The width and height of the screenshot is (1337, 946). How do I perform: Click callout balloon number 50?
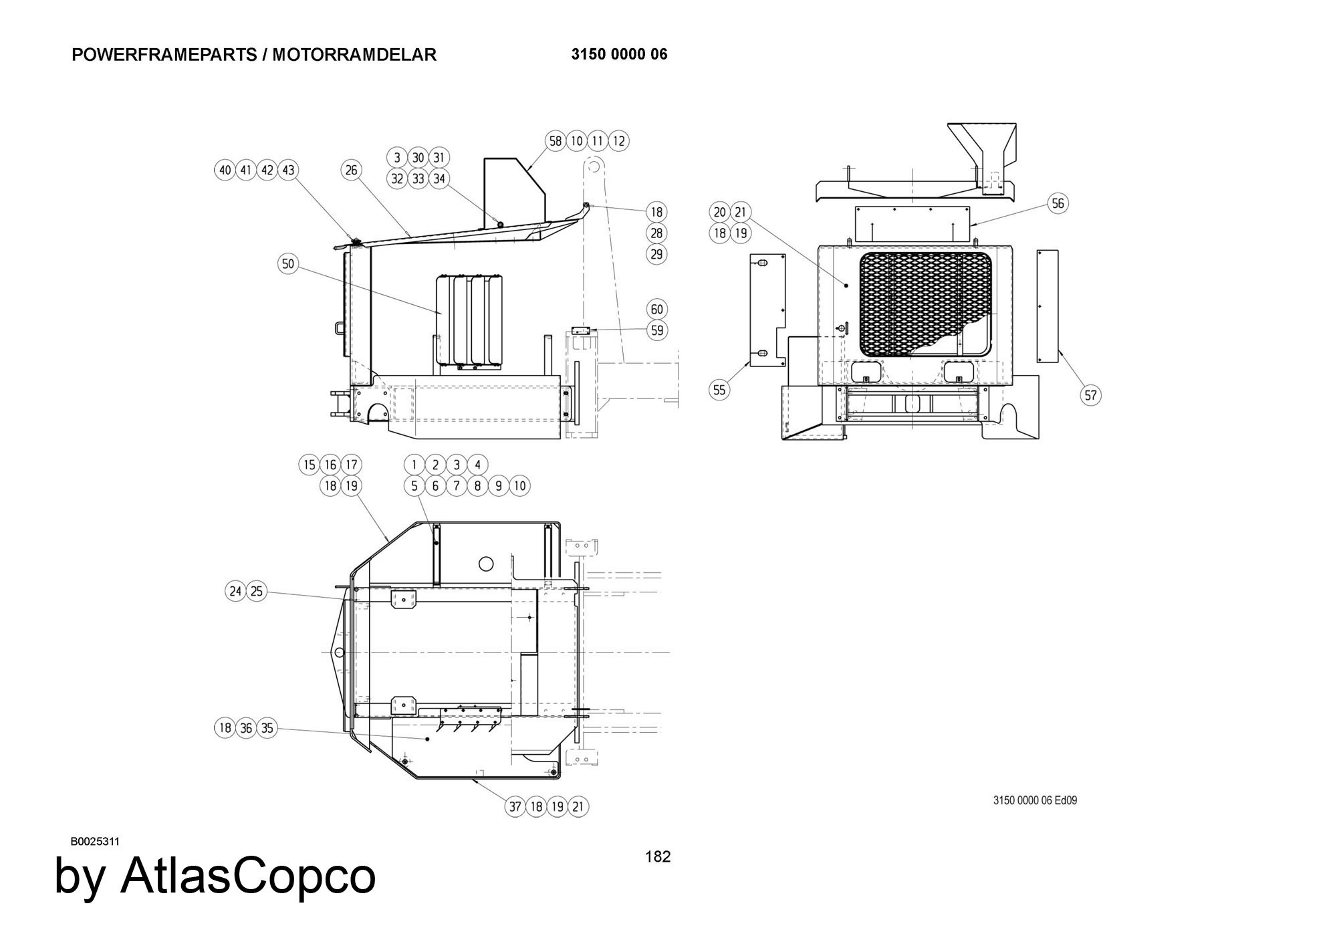(x=287, y=263)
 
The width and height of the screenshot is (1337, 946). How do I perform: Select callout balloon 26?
(x=352, y=170)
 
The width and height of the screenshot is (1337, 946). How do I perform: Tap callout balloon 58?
(x=556, y=141)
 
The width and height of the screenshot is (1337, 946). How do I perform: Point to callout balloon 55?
(x=719, y=389)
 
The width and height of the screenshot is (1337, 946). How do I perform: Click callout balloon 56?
(x=1058, y=203)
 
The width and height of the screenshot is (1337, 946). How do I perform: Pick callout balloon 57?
(x=1091, y=395)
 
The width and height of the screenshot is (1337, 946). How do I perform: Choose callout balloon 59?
(x=657, y=330)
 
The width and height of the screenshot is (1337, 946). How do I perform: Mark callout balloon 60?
(x=657, y=309)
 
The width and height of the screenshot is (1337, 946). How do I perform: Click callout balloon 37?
(x=515, y=806)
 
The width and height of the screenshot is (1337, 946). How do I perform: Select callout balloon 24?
(x=235, y=591)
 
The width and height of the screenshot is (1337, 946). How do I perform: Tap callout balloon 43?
(x=288, y=170)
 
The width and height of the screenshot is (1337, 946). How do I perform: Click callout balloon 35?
(x=267, y=728)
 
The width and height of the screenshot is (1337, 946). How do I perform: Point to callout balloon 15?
(x=309, y=465)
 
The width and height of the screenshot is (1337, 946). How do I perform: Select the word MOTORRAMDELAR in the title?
(x=354, y=55)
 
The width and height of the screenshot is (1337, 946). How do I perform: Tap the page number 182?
(x=658, y=856)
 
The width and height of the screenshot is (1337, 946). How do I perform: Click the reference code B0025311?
(x=95, y=841)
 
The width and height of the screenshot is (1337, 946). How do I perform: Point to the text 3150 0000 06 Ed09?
(x=1035, y=800)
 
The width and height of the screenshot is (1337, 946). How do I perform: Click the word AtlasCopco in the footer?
(x=248, y=875)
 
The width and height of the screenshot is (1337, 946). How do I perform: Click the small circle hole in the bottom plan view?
(x=487, y=564)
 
